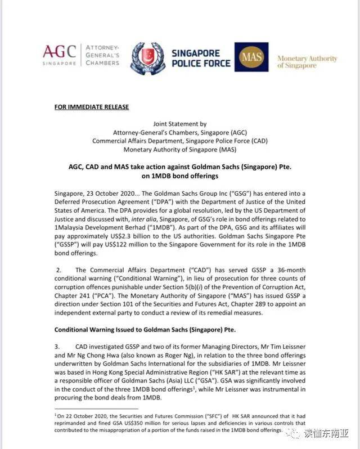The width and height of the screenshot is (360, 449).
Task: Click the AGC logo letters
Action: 59,52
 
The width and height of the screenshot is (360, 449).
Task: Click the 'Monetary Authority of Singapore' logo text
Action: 307,62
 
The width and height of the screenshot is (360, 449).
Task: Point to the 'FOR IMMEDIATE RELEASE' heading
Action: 91,107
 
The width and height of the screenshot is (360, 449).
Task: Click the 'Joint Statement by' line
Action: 179,124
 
